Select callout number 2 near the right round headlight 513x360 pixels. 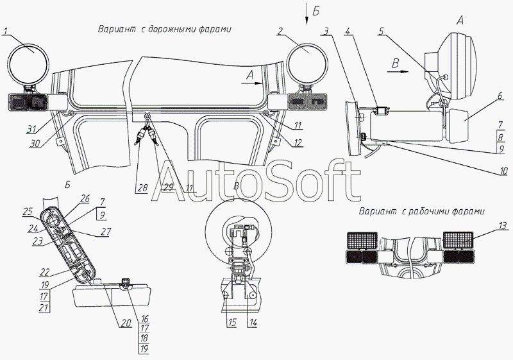pyautogui.click(x=281, y=31)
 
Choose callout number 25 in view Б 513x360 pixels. pyautogui.click(x=28, y=211)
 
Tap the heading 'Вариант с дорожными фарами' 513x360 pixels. pyautogui.click(x=164, y=30)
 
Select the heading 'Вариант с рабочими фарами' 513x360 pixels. pyautogui.click(x=421, y=211)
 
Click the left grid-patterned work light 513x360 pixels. pyautogui.click(x=361, y=241)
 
